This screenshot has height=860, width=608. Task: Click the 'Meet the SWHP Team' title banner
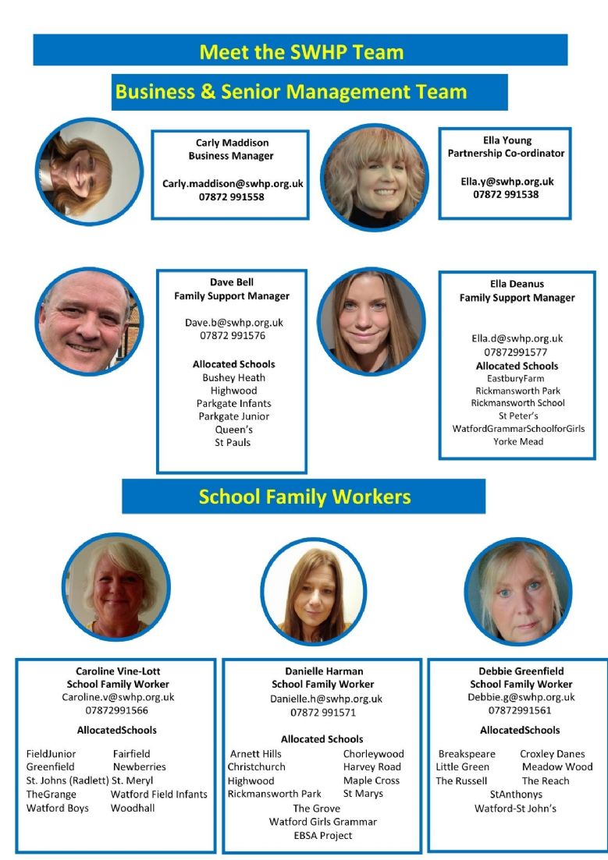click(x=300, y=51)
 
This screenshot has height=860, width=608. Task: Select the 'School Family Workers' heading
click(x=304, y=497)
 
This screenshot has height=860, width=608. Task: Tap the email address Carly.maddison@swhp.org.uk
click(x=232, y=184)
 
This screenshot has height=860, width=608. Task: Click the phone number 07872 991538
click(x=506, y=194)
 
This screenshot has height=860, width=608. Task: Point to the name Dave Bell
click(x=232, y=282)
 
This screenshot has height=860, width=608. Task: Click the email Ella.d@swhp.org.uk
click(x=517, y=339)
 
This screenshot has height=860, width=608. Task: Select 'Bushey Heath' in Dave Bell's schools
click(x=234, y=378)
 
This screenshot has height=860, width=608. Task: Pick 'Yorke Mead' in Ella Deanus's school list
click(x=517, y=441)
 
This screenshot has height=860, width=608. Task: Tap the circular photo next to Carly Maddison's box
click(x=88, y=171)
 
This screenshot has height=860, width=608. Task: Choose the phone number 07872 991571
click(x=323, y=713)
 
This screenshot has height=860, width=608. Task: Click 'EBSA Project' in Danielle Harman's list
click(x=322, y=836)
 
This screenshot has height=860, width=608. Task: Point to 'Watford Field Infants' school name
click(x=159, y=795)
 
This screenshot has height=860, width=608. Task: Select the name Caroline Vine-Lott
click(x=118, y=671)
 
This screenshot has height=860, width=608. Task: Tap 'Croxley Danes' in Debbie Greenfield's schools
click(x=552, y=754)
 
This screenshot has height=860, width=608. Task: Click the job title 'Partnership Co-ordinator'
click(x=506, y=154)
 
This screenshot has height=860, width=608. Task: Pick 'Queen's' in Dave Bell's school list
click(x=234, y=430)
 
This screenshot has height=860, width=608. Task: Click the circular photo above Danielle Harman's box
click(x=314, y=590)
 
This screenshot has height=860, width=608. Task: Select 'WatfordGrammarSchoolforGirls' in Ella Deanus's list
click(x=518, y=429)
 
